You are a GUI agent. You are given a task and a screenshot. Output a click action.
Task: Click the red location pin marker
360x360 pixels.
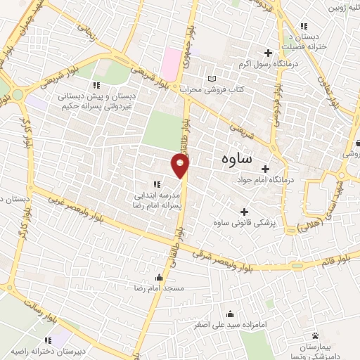click(181, 165)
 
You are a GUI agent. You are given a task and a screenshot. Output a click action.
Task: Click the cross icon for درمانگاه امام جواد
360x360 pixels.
click(265, 169)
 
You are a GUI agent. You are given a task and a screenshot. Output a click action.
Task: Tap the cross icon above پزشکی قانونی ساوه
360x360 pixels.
click(244, 212)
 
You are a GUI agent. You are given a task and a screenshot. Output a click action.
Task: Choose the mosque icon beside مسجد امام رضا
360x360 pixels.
click(160, 276)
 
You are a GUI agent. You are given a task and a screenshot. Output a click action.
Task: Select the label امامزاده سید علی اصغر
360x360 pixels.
click(230, 326)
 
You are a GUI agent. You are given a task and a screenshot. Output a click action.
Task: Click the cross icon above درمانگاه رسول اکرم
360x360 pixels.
click(268, 53)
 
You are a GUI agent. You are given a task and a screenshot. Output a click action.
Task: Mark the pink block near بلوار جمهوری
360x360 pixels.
click(169, 64)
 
